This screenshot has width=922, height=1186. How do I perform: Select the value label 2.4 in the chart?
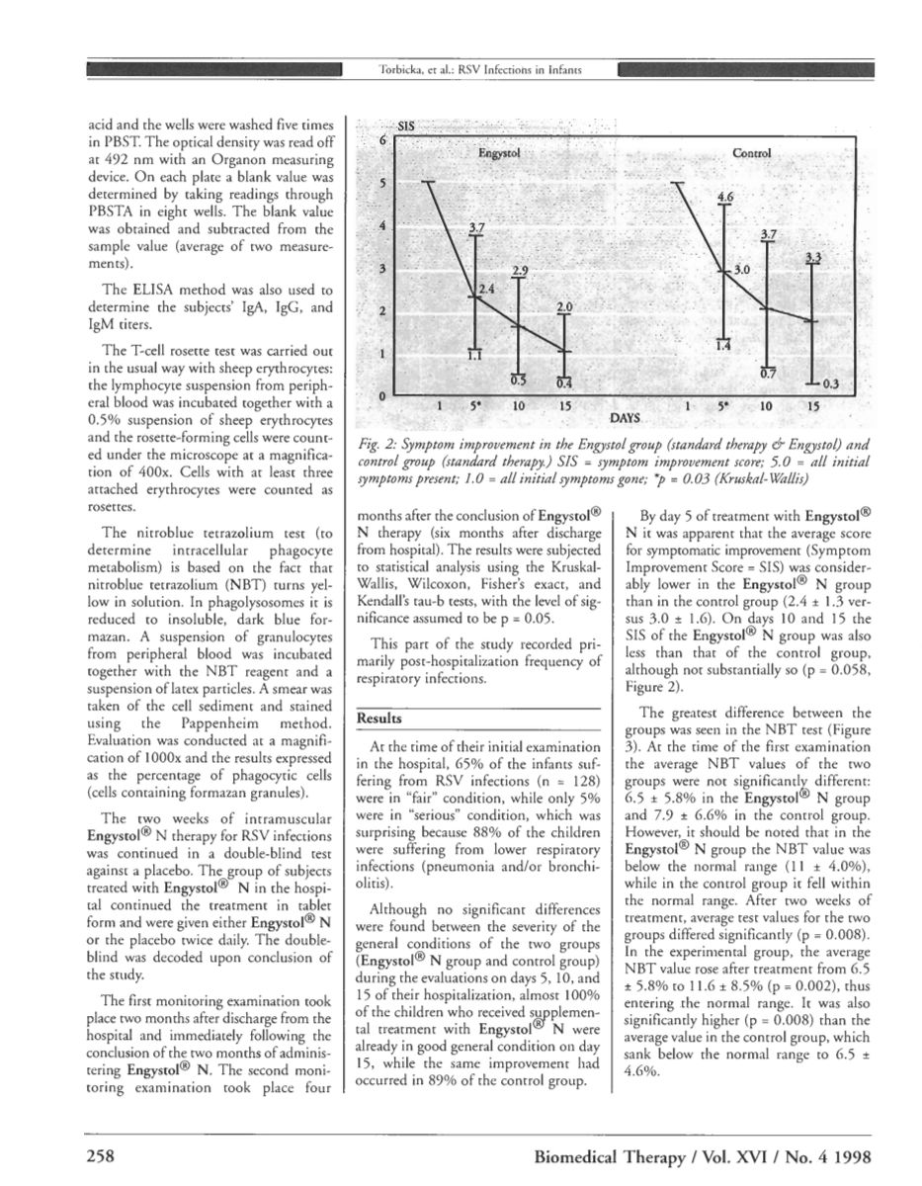click(486, 288)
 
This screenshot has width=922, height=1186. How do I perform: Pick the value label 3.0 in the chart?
click(743, 269)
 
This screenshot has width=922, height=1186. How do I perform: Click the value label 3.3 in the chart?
click(812, 258)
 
